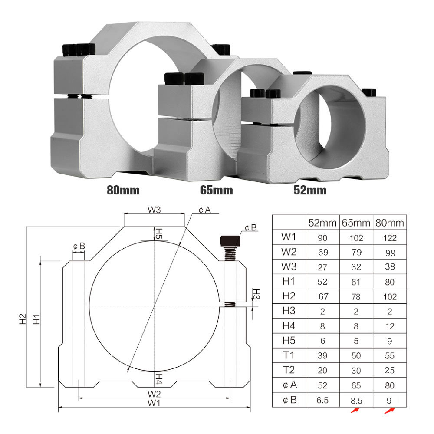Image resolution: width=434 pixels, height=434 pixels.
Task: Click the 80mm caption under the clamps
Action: pyautogui.click(x=123, y=190)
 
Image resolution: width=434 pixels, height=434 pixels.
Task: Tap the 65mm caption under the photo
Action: pyautogui.click(x=217, y=190)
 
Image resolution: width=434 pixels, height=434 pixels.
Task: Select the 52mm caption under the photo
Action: pyautogui.click(x=310, y=190)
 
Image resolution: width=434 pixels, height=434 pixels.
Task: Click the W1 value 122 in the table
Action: pyautogui.click(x=390, y=238)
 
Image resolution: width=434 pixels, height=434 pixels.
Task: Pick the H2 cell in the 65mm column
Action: pyautogui.click(x=356, y=297)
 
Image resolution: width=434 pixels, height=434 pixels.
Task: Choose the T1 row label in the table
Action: pyautogui.click(x=289, y=355)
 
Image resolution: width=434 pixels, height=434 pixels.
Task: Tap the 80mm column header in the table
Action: pyautogui.click(x=390, y=223)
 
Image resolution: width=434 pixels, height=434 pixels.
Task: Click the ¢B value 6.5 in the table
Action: pyautogui.click(x=322, y=400)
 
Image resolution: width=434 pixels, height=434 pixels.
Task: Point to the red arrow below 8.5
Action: pyautogui.click(x=355, y=410)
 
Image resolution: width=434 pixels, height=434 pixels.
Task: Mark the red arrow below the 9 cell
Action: pyautogui.click(x=389, y=411)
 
